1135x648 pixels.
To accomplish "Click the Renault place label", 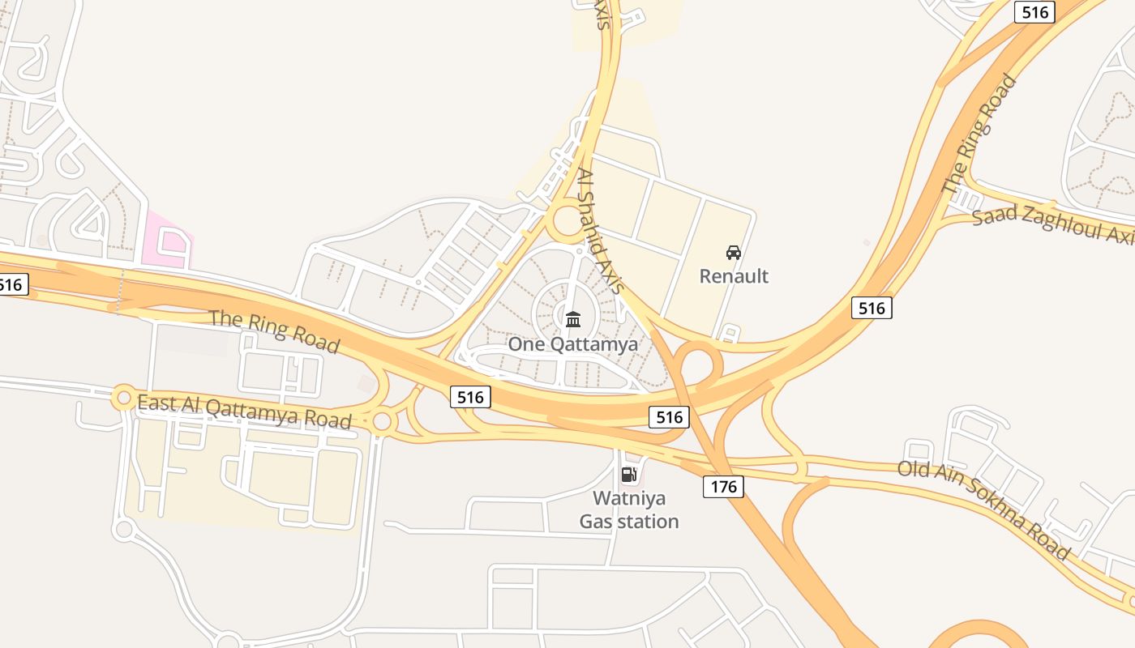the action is (734, 276).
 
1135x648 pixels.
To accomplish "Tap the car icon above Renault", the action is (734, 253).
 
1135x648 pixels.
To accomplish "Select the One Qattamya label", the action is (572, 343).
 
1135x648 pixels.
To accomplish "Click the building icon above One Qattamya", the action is (573, 319).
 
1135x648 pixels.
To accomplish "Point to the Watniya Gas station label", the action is (628, 509).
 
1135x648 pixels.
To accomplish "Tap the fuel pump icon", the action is (628, 475).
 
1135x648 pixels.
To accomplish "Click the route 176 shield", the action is (722, 486).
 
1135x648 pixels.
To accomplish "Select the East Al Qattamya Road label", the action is (244, 411).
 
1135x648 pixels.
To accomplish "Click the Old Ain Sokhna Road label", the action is (983, 509).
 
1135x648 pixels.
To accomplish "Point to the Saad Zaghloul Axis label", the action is (1052, 226).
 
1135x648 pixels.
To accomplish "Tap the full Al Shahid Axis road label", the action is (600, 231).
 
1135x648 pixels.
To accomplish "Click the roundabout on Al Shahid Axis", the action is (568, 220).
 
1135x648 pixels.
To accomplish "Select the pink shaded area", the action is (166, 240).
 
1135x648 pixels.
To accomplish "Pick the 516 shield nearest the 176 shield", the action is (669, 417).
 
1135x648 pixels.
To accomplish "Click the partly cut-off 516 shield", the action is (13, 284).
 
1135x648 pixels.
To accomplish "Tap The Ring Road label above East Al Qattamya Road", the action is (274, 330).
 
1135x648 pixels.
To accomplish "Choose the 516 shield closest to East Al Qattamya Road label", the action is (470, 397).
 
